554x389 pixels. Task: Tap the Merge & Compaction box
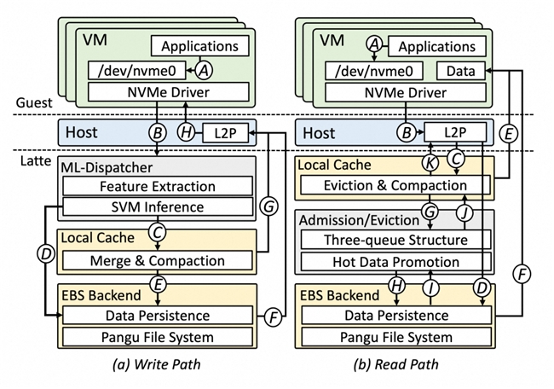pos(158,259)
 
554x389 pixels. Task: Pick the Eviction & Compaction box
pos(393,185)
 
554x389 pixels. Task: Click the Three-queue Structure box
pos(393,241)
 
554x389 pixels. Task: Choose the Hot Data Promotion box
pos(393,262)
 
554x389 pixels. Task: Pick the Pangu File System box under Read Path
pos(393,337)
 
